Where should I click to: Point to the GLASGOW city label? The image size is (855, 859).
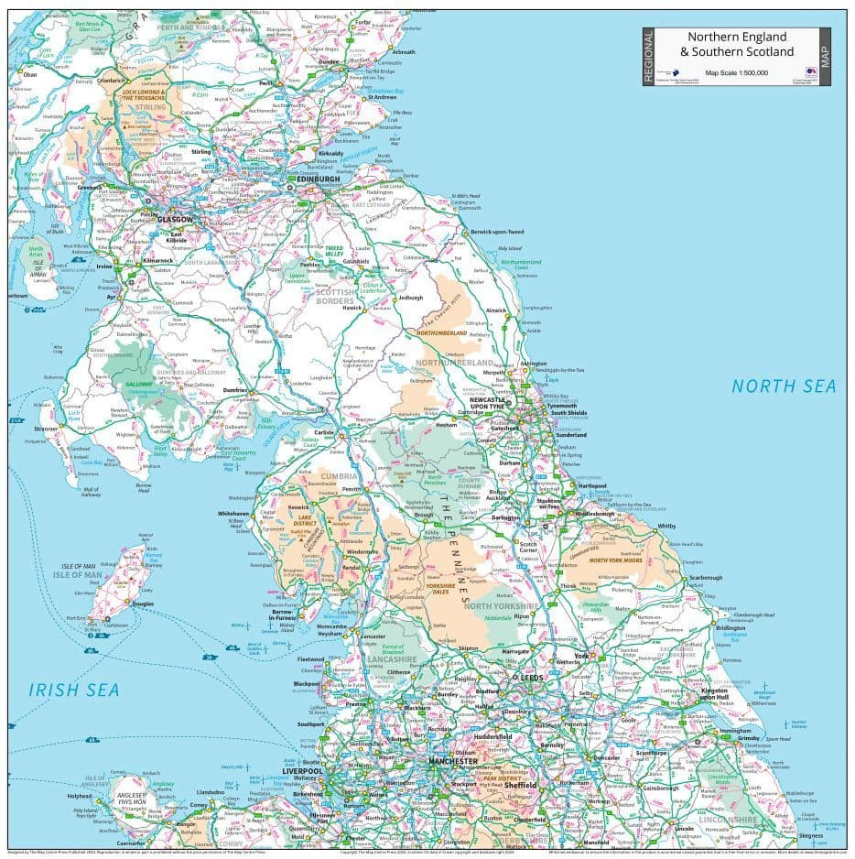tap(175, 220)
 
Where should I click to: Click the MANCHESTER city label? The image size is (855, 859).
tap(453, 761)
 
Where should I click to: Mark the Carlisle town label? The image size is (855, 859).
tap(325, 431)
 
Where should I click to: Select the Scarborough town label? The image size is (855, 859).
tap(705, 578)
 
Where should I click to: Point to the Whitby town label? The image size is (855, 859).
tap(666, 527)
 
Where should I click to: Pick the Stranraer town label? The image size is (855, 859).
tap(48, 428)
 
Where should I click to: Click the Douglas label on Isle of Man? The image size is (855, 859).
tap(143, 604)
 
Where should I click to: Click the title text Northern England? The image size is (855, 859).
tap(737, 37)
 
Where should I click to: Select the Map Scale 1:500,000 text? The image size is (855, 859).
tap(736, 72)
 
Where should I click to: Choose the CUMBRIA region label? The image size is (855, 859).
tap(339, 475)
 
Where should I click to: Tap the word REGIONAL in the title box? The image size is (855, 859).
tap(650, 57)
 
